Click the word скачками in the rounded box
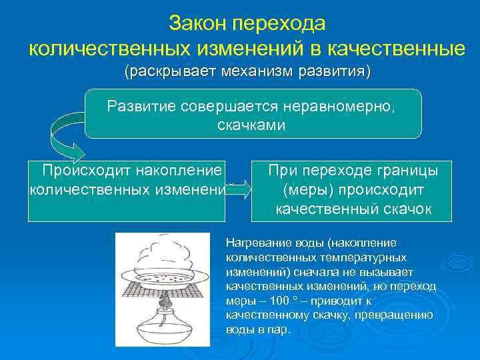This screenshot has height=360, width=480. (252, 124)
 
